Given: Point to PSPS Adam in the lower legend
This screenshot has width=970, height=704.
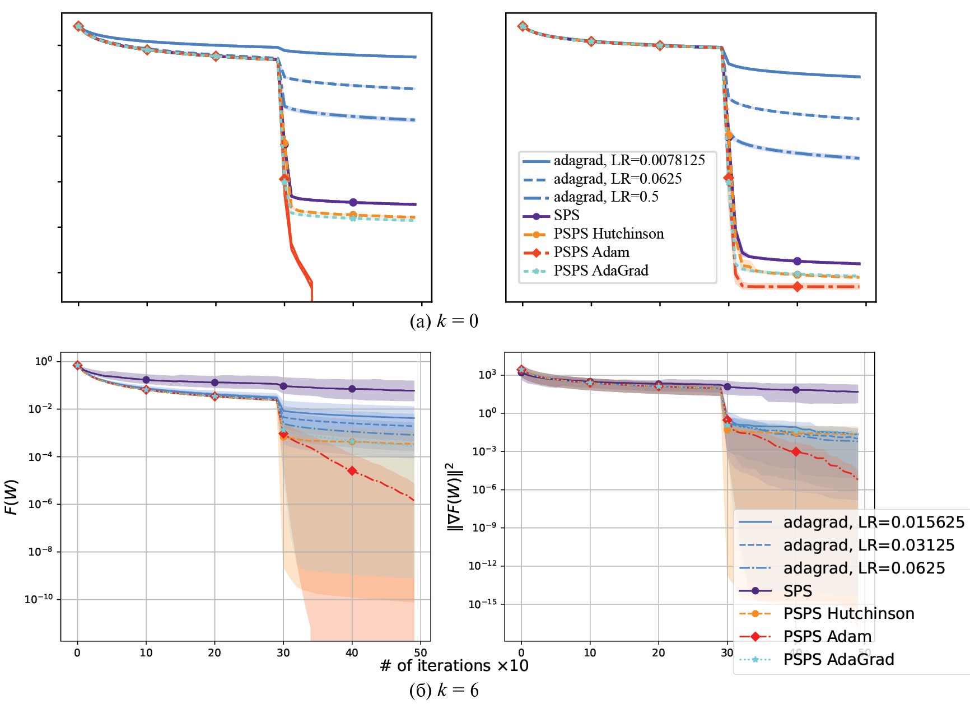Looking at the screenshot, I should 827,637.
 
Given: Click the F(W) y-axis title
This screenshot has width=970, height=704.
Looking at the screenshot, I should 12,497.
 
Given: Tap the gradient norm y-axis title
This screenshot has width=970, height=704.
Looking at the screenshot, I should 455,497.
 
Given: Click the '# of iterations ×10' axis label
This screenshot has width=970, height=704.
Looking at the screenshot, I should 454,666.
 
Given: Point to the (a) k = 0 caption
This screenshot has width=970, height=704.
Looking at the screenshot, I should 444,321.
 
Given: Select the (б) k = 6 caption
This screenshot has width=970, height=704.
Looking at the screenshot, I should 444,691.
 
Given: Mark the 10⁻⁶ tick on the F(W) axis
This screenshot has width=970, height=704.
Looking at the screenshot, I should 41,504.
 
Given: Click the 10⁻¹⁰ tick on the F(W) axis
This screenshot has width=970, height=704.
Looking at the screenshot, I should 39,599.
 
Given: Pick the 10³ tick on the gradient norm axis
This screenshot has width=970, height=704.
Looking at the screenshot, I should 487,375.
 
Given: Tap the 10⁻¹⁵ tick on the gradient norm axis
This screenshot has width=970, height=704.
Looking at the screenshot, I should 483,604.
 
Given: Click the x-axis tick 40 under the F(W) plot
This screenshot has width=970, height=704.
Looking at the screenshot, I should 352,653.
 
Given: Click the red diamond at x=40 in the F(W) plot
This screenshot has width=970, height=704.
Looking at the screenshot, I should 352,471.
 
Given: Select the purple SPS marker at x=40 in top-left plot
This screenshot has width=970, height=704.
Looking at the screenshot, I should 353,203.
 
